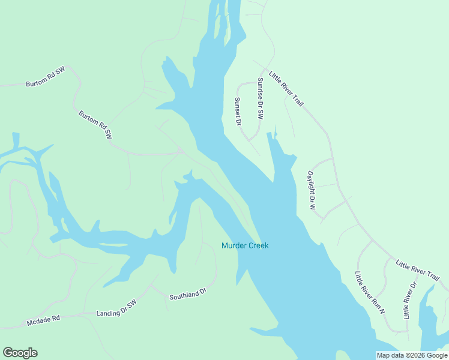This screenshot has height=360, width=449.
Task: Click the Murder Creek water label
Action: [245, 245]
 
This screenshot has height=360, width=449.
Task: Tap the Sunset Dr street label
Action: [238, 112]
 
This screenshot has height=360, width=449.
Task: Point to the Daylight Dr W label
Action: [312, 190]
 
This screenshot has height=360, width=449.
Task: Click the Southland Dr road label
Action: [187, 294]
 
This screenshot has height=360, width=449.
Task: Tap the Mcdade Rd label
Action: [44, 321]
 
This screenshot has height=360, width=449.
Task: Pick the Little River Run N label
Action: [369, 293]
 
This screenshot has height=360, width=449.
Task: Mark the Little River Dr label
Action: [409, 299]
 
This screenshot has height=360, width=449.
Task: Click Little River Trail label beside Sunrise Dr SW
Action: [286, 89]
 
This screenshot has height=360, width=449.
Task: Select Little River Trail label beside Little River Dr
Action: [417, 269]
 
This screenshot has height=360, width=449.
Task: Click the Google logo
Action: [20, 353]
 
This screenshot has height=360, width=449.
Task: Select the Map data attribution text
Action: [412, 355]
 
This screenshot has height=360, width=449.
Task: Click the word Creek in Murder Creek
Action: [258, 245]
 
